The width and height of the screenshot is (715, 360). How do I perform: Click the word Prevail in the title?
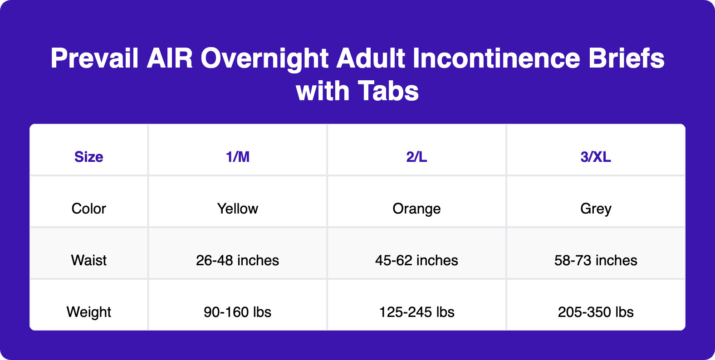point(94,58)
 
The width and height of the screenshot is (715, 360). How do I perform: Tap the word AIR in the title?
point(170,58)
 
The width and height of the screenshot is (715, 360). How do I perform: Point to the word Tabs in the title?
point(388,91)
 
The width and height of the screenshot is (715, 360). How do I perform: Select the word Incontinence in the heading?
point(496,58)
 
